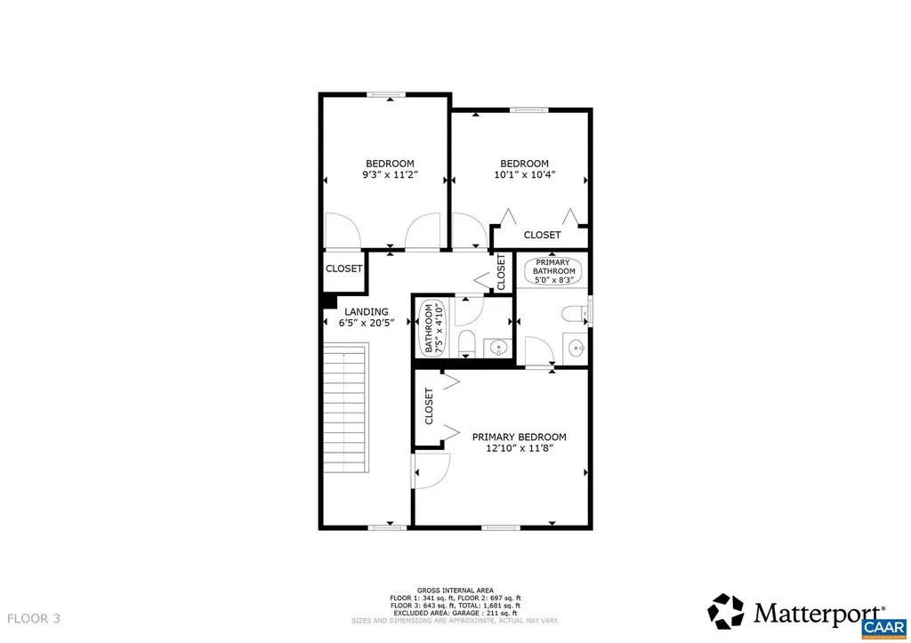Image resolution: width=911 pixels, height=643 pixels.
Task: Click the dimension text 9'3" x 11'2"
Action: (390, 176)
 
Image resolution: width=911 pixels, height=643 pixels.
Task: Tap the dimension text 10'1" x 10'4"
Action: (524, 176)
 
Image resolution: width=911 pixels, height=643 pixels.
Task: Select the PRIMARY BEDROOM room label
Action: (519, 437)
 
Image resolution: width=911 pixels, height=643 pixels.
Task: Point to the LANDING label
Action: (367, 311)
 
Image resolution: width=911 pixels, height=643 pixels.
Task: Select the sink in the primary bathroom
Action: (576, 348)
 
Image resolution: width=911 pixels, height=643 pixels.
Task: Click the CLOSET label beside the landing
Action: (343, 269)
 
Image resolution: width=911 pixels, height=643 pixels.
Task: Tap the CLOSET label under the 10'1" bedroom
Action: (542, 235)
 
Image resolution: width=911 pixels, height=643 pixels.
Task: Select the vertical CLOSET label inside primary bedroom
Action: (429, 406)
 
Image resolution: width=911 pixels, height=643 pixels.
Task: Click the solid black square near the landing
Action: (328, 302)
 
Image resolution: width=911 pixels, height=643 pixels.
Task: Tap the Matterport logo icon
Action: (725, 611)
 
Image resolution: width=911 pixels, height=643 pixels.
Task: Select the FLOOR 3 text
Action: (34, 618)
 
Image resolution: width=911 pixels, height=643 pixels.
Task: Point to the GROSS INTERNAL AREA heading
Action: (455, 590)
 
